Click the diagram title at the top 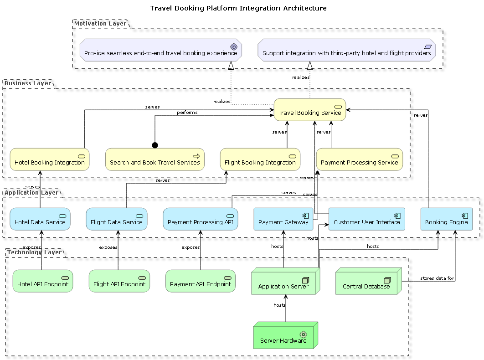(238, 8)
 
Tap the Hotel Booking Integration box (50, 159)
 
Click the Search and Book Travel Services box (155, 159)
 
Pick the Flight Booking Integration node (260, 159)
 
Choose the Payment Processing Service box (359, 159)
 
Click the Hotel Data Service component (40, 219)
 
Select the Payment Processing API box (201, 219)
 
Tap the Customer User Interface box (366, 219)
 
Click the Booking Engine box (446, 219)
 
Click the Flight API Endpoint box (119, 281)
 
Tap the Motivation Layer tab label (100, 24)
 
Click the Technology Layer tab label (34, 252)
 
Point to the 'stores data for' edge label (437, 278)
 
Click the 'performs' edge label (187, 113)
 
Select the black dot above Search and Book (155, 145)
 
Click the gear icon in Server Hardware (303, 334)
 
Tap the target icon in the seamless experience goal (234, 46)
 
